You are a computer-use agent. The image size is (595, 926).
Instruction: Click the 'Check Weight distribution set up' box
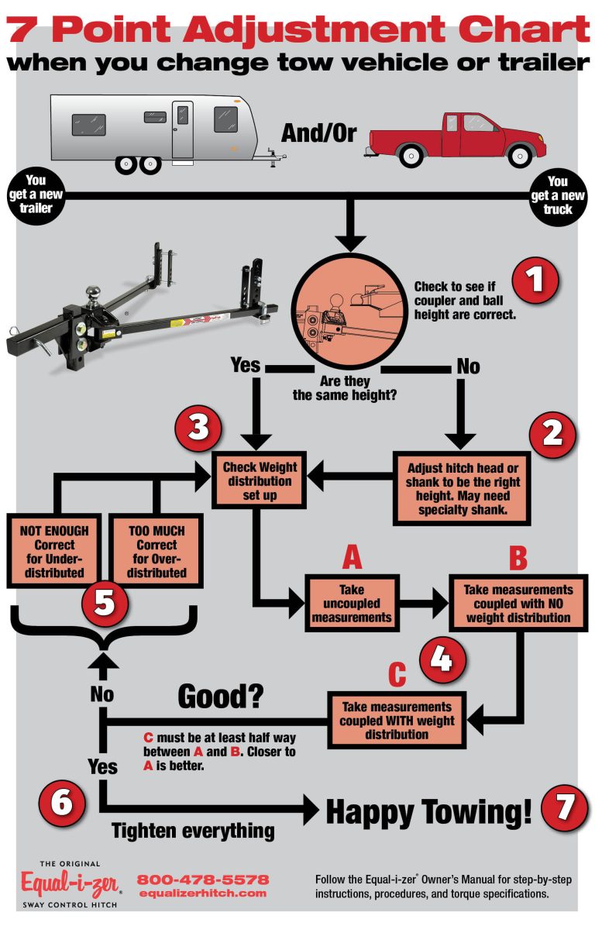tap(260, 480)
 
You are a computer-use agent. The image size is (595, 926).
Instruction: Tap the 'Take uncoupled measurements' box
tap(353, 602)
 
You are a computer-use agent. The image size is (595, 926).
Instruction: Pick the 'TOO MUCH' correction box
tap(156, 551)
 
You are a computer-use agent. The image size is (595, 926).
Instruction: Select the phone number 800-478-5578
tap(203, 880)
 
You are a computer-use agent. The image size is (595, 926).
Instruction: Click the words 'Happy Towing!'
tap(429, 811)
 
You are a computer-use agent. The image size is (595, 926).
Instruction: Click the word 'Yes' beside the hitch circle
tap(246, 363)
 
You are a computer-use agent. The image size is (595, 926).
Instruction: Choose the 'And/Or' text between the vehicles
tap(318, 133)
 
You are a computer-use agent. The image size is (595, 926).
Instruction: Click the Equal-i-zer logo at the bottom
tap(70, 882)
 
